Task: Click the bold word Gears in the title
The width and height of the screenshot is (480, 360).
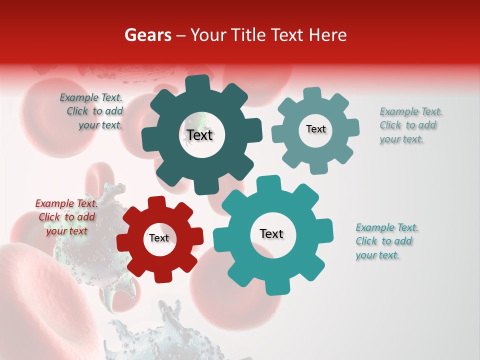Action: tap(147, 35)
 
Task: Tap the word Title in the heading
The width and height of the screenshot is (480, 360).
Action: tap(248, 35)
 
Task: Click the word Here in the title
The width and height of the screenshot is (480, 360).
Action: tap(328, 35)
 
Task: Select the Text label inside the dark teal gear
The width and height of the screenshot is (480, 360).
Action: tap(200, 135)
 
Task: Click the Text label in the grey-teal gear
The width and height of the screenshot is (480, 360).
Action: tap(315, 129)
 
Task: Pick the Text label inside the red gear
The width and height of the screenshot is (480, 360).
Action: tap(159, 238)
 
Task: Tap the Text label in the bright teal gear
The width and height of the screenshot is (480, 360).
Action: tap(271, 233)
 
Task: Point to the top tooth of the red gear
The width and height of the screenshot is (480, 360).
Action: tap(157, 202)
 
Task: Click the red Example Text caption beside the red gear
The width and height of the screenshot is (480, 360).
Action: tap(67, 217)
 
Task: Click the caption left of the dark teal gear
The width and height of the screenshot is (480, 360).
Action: tap(93, 111)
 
